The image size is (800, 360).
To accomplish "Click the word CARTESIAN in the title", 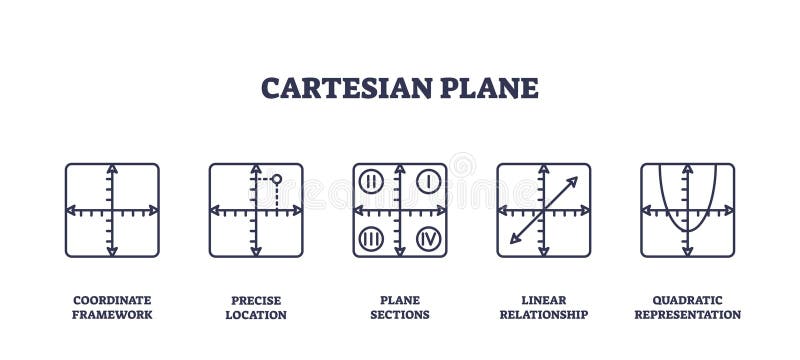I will point(346,87).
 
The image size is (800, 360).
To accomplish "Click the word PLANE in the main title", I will point(489,87).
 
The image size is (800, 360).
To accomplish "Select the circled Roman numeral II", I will point(370,181).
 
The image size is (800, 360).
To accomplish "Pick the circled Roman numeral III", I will point(370,239).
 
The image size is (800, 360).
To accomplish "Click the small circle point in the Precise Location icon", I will point(277,180).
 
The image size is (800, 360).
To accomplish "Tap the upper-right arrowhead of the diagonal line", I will point(574,181).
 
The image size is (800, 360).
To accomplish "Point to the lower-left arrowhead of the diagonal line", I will point(513,240).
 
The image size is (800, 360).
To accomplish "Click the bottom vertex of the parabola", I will point(687,232).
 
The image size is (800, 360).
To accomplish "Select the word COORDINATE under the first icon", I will point(112,300).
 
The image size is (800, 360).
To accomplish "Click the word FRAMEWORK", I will point(112,315).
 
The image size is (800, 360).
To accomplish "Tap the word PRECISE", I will point(256,300).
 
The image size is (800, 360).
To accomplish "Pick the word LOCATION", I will point(256,315).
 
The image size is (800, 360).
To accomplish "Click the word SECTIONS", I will point(400,315).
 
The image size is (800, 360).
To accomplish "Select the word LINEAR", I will point(544,300).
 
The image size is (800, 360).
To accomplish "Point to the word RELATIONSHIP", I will point(544,315).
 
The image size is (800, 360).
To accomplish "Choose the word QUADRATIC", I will point(688,300).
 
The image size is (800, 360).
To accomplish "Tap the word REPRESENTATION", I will point(688,315).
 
